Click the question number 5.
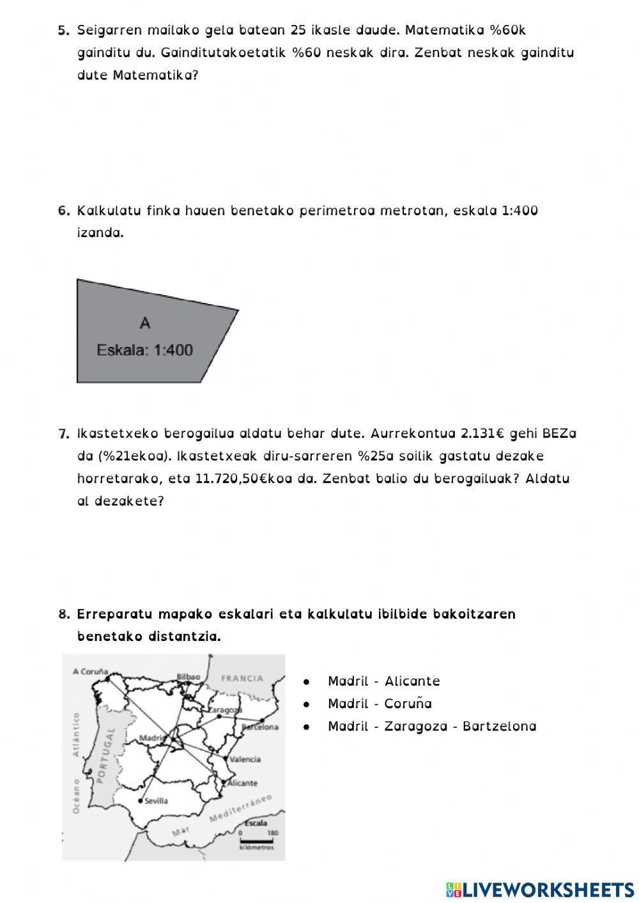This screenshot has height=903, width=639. [x=63, y=30]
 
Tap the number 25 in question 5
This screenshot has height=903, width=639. [x=298, y=30]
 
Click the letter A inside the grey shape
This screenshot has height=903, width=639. [x=145, y=323]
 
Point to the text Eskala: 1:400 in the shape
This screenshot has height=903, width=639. [x=144, y=350]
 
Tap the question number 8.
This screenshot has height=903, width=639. [x=63, y=614]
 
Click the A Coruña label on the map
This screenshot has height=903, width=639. [x=90, y=672]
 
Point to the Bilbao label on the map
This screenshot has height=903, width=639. [x=189, y=676]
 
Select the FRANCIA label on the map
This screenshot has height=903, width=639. [x=242, y=678]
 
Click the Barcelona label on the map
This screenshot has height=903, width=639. [x=260, y=727]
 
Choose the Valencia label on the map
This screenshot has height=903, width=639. [x=245, y=759]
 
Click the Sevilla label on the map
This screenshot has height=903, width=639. [x=156, y=801]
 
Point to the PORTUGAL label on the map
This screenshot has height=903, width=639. [x=105, y=754]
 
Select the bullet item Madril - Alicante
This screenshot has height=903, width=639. [x=383, y=681]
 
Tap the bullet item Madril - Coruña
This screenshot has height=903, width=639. [x=380, y=704]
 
